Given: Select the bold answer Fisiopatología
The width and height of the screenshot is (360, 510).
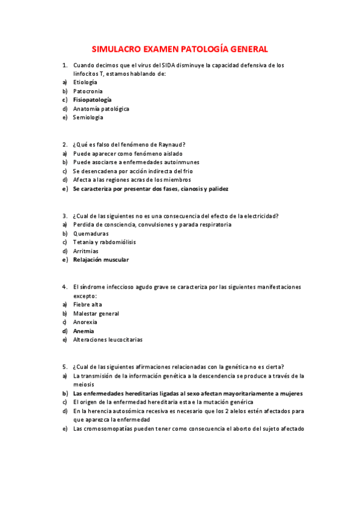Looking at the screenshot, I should pos(92,99).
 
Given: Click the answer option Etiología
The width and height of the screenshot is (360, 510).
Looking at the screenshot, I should pos(85,82).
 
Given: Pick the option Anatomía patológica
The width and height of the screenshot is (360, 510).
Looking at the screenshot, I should pos(101,109).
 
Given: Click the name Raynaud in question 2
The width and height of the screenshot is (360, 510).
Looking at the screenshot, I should pos(171,144).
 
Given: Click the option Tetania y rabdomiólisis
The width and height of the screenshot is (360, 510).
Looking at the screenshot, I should pos(104,242).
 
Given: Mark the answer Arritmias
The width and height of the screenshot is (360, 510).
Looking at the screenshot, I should pos(86,251).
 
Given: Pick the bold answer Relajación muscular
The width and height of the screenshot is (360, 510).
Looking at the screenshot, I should pos(101,260).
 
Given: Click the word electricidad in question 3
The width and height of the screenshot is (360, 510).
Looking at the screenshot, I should pos(261,216).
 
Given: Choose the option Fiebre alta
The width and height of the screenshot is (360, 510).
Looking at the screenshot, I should pos(87,304).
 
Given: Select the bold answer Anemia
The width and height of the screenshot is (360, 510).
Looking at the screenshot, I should pos(84,331).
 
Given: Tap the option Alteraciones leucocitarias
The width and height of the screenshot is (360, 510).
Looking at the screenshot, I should pos(108,340).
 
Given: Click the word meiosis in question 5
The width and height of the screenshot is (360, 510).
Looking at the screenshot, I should pos(84,384).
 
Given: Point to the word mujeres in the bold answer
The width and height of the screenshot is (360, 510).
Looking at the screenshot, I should pos(289,393).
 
